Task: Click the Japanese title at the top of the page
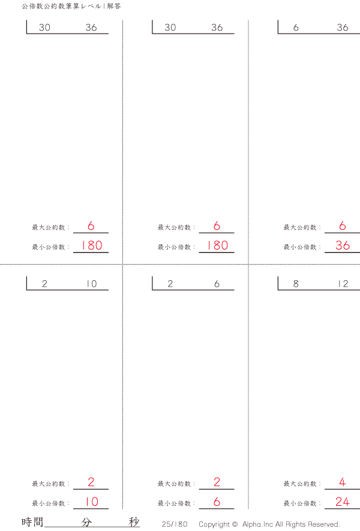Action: pos(71,6)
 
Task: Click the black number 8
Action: pos(296,284)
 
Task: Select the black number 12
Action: pos(343,284)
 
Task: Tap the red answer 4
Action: pos(343,482)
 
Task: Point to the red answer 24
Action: pos(343,502)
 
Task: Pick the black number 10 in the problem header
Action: pos(91,284)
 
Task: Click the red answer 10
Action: pos(91,502)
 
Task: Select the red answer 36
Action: pos(343,245)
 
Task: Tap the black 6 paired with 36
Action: pos(296,28)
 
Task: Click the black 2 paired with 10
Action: pos(44,284)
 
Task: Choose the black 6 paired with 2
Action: pos(217,284)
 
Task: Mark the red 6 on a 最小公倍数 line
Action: pos(217,502)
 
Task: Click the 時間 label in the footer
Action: pos(32,522)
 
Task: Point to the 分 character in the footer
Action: pos(86,522)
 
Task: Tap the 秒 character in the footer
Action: pos(134,522)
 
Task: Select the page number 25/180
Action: pos(175,524)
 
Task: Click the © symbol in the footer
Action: pos(235,524)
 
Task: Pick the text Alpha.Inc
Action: pos(257,524)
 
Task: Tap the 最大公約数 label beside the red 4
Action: pos(300,484)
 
